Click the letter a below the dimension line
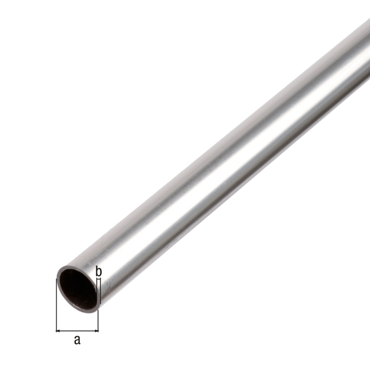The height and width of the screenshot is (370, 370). (x=77, y=340)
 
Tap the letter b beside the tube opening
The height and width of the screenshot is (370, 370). (x=98, y=269)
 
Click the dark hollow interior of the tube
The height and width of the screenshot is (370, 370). (x=76, y=287)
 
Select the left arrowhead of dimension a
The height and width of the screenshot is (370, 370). (x=59, y=331)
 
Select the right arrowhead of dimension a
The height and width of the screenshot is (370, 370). (x=96, y=331)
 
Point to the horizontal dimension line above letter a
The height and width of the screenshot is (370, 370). (x=77, y=331)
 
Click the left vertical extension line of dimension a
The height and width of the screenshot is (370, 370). (x=56, y=308)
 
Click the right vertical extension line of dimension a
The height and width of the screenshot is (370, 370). (x=99, y=318)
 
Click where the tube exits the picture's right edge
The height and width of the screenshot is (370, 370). (x=368, y=52)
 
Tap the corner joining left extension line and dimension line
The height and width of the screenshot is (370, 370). (x=56, y=331)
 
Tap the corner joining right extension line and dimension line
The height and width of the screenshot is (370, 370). (x=99, y=331)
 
